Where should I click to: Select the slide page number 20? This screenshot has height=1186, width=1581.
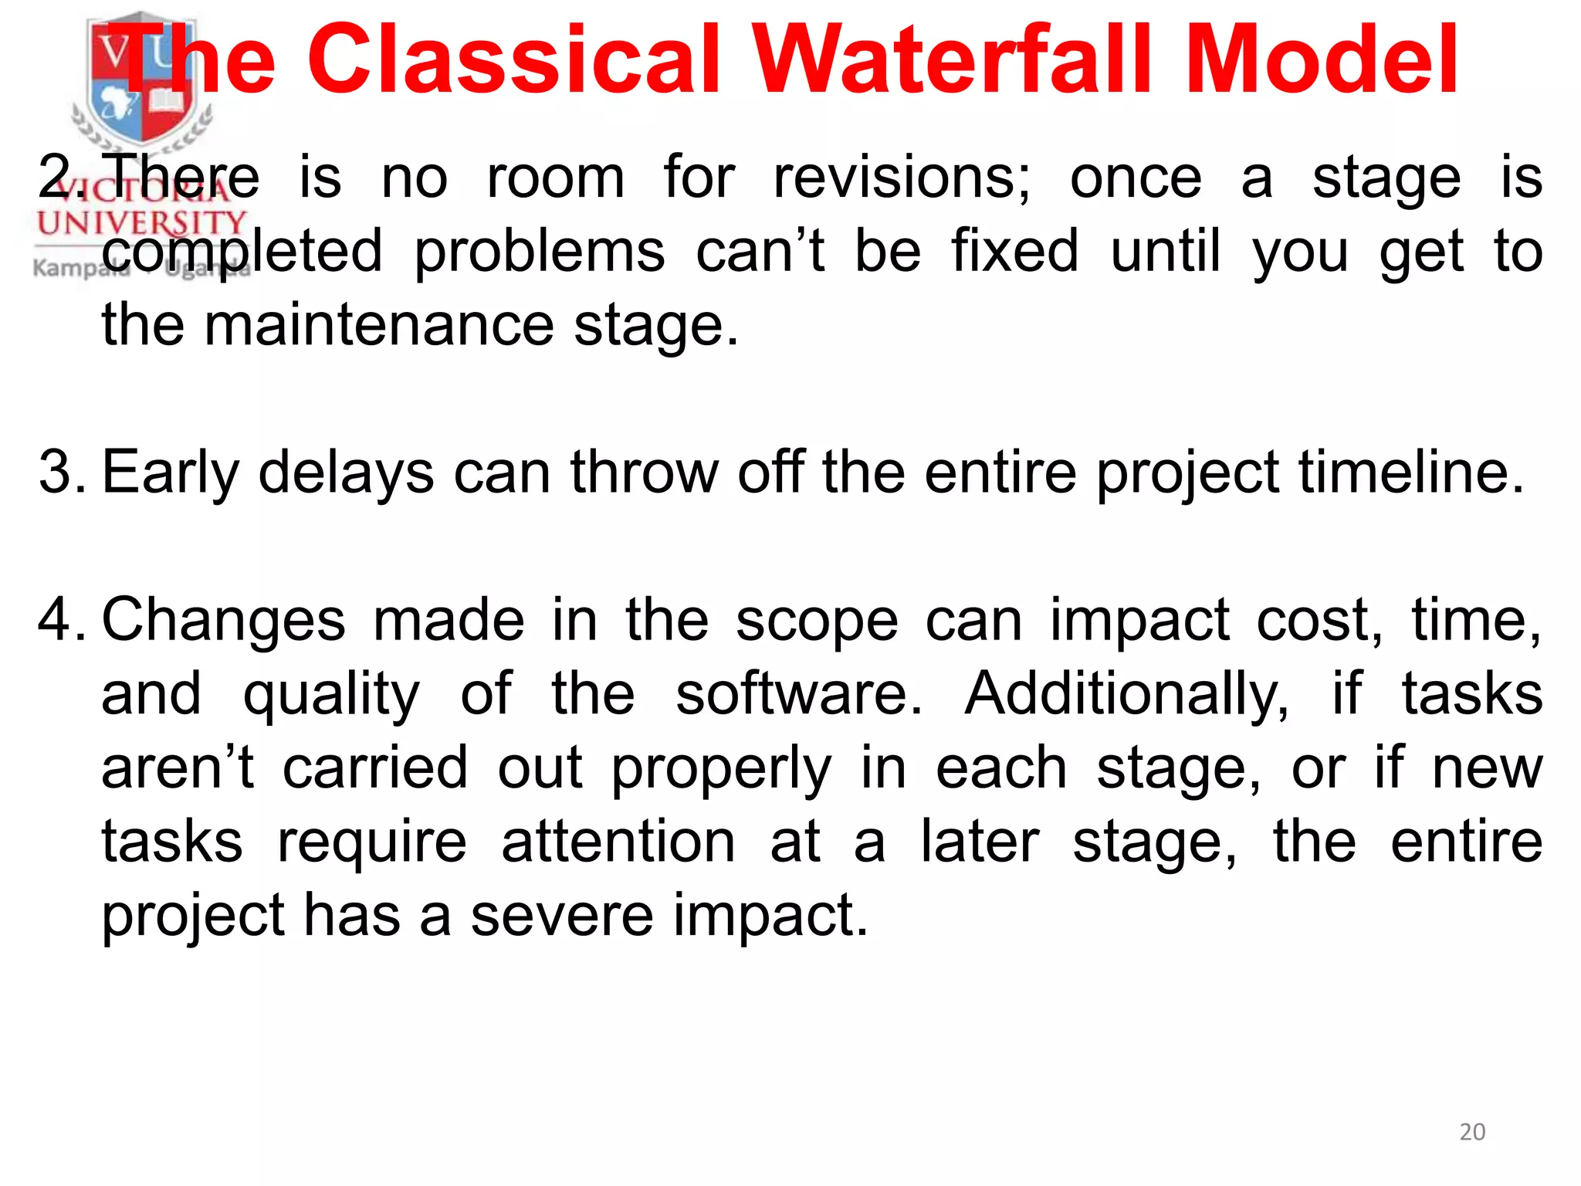pos(1472,1132)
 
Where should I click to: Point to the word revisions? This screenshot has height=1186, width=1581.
pos(901,178)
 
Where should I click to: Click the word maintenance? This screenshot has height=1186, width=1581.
pos(379,325)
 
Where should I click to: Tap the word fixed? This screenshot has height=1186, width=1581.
pos(1014,251)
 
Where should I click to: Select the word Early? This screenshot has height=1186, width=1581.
pos(171,473)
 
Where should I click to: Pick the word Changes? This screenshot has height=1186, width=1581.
pos(224,621)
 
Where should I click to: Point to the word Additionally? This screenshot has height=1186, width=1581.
pos(1126,693)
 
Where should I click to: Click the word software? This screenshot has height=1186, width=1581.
pos(798,693)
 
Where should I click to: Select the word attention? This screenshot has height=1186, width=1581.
pos(618,841)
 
